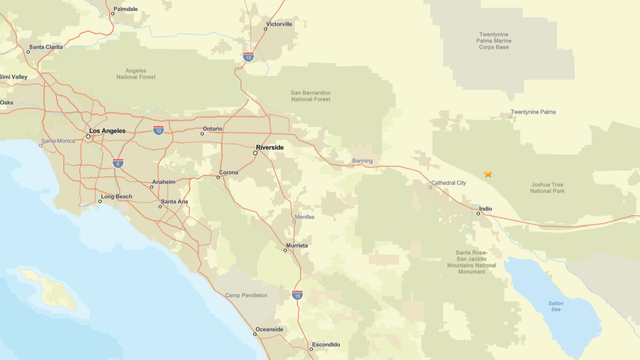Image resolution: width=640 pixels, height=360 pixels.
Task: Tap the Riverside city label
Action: [x=270, y=147]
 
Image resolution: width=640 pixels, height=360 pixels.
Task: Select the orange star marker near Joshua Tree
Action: [x=488, y=174]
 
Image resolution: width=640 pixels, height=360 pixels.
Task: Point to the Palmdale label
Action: [x=126, y=9]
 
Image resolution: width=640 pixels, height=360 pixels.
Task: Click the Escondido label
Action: [x=326, y=345]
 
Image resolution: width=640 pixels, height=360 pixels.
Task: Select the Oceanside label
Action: [x=269, y=329]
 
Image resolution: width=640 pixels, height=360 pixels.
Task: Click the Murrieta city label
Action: [x=297, y=244]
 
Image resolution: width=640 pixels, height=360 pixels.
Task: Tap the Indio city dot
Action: [x=478, y=213]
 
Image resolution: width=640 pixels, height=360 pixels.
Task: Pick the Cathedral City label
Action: [x=448, y=183]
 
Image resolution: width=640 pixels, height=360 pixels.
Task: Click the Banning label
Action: [x=362, y=160]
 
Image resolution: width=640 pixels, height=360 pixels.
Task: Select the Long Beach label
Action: [x=116, y=197]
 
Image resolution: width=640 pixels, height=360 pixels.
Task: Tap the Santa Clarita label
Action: [x=46, y=47]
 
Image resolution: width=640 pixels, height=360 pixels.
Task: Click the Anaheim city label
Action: [x=163, y=182]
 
